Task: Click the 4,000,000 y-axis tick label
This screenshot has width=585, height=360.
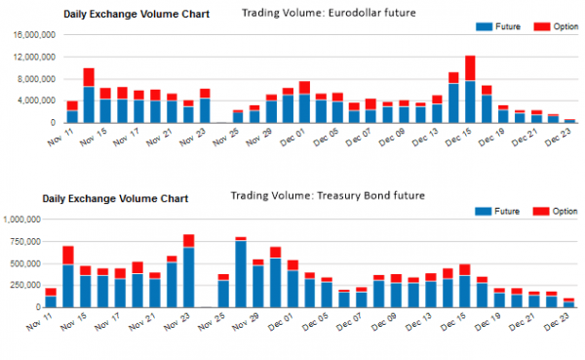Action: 36,100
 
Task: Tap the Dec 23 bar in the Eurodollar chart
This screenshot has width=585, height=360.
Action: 569,121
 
